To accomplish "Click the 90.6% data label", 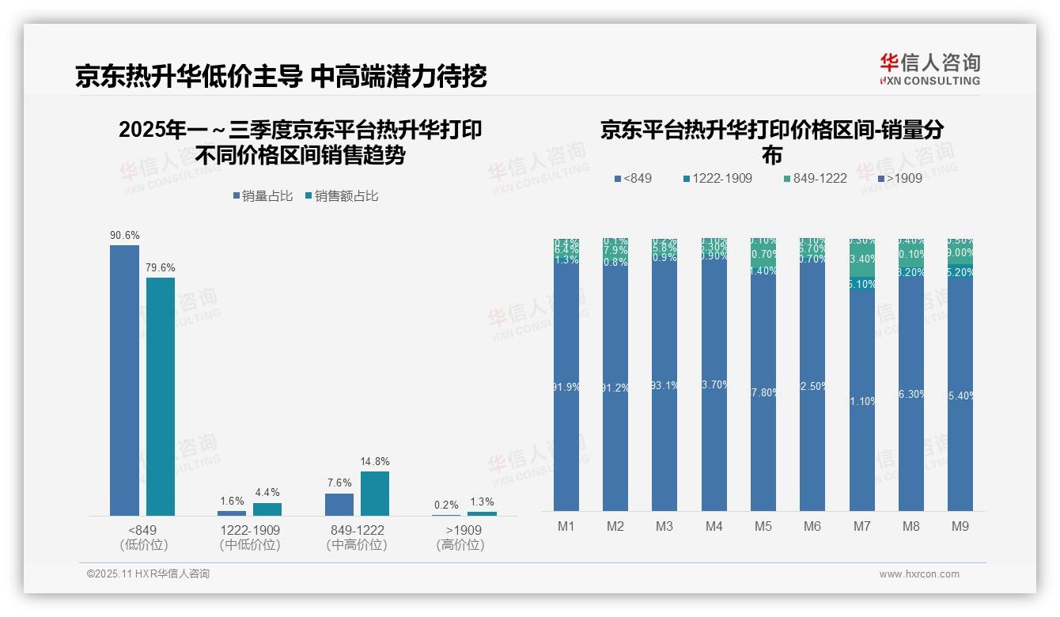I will click(x=125, y=235).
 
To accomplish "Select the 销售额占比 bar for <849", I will click(x=161, y=396).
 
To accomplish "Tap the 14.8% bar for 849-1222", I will click(x=375, y=494).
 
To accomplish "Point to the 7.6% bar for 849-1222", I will click(x=339, y=505).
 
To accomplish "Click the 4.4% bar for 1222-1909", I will click(x=267, y=509).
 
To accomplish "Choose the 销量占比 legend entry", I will click(x=263, y=196).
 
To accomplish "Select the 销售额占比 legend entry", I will click(x=342, y=196).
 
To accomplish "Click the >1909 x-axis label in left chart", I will click(x=460, y=530).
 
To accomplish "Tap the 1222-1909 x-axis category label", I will click(x=249, y=530).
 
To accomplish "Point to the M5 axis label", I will click(x=763, y=526).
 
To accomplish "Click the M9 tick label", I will click(x=960, y=526).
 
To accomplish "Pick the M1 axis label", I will click(x=566, y=526).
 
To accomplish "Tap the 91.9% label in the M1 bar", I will click(x=566, y=388).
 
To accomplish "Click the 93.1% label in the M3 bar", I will click(x=664, y=385).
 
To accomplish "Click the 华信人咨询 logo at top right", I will click(x=929, y=69).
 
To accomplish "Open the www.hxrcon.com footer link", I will click(x=919, y=574).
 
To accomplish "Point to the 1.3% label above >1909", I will click(x=481, y=502).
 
